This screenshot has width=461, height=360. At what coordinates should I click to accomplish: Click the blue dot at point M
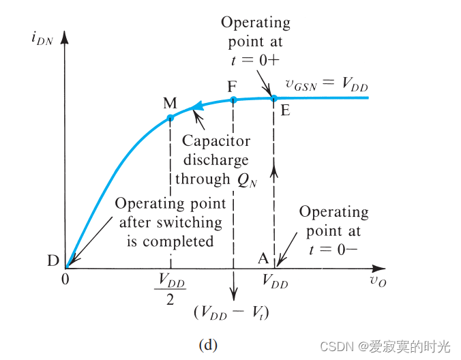coord(170,118)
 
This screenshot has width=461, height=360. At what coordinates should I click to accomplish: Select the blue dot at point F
coord(233,100)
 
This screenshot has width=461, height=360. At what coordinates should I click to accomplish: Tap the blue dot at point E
coord(274,98)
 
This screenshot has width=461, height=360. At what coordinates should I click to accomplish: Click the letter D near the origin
coord(53,260)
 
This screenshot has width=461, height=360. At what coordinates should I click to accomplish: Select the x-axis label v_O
coord(378,281)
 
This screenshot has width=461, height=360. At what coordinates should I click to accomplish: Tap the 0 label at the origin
coord(66,280)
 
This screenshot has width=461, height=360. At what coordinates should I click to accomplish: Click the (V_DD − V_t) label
coord(233,312)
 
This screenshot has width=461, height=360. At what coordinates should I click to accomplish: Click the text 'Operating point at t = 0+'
coord(256,40)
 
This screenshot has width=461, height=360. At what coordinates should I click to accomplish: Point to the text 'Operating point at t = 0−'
coord(333,230)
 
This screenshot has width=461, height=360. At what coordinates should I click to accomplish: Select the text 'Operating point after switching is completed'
coord(170,222)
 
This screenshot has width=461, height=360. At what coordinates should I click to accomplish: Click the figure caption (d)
coord(208,346)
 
